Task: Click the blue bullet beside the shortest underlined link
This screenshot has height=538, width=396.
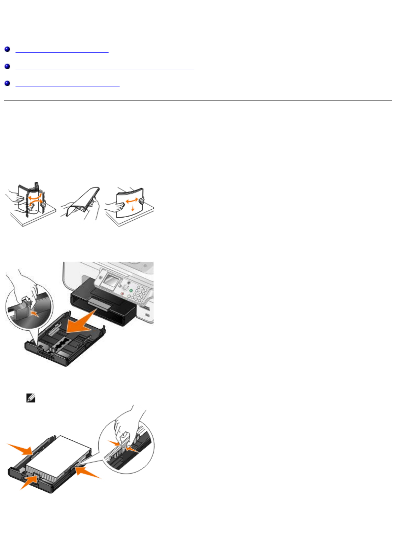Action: tap(7, 50)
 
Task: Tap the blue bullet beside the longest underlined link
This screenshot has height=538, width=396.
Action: tap(7, 67)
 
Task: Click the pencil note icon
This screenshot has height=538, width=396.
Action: tap(31, 398)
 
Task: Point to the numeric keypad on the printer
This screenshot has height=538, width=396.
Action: tap(138, 295)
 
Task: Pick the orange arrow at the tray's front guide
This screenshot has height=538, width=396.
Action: tap(30, 481)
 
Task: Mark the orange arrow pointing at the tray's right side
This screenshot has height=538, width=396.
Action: tap(88, 473)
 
